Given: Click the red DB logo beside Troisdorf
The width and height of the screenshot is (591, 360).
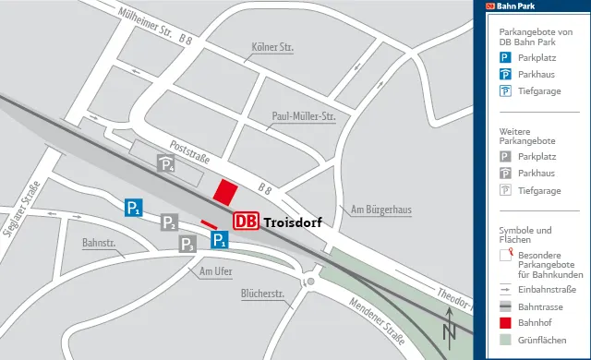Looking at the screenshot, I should point(246,222).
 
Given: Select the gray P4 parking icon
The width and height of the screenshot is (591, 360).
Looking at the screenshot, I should point(166,164).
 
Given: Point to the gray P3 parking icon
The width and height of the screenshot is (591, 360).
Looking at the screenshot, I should point(187,245).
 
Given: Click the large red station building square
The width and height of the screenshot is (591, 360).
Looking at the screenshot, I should point(225,192).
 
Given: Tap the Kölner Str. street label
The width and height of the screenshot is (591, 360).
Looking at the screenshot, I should point(271,46).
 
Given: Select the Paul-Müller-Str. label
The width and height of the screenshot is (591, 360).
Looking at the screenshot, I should point(303,117).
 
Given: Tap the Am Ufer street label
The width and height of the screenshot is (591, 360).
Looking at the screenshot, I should point(215,271).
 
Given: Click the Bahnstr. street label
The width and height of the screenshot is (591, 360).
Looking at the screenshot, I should point(98,243).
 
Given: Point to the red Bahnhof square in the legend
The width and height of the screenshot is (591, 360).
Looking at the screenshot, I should point(505,323).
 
